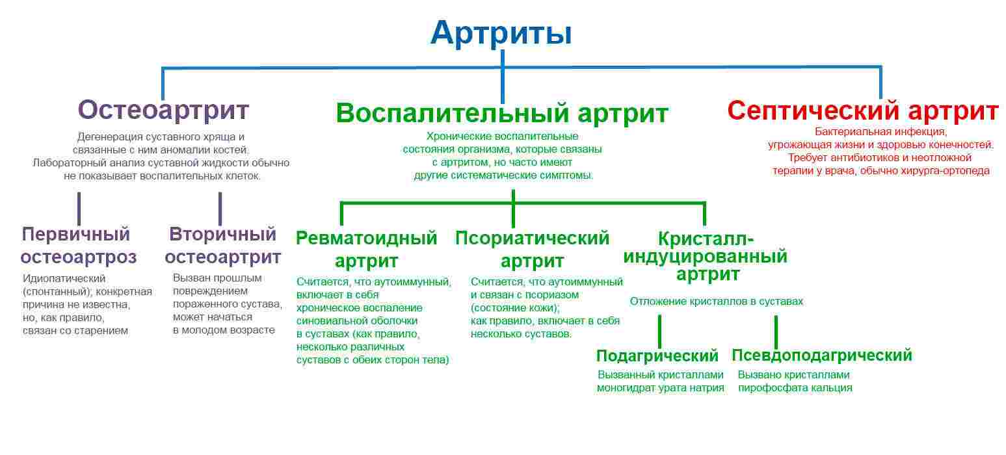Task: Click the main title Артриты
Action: pos(501,32)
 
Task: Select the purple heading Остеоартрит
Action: pos(163,110)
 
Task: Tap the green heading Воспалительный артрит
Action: pos(502,113)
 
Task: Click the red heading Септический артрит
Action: pos(862,111)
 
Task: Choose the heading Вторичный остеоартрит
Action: pos(222,245)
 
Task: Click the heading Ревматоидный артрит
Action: pos(366,250)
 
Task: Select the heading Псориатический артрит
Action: pos(532,250)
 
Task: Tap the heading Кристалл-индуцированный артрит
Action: pos(706,255)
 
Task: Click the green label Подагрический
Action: pos(657,356)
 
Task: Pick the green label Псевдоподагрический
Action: pos(821,356)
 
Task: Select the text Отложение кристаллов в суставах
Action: pos(716,302)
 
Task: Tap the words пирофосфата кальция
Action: pos(795,388)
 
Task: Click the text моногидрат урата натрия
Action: pos(660,388)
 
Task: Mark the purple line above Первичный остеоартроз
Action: pos(79,208)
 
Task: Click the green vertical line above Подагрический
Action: pos(659,331)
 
